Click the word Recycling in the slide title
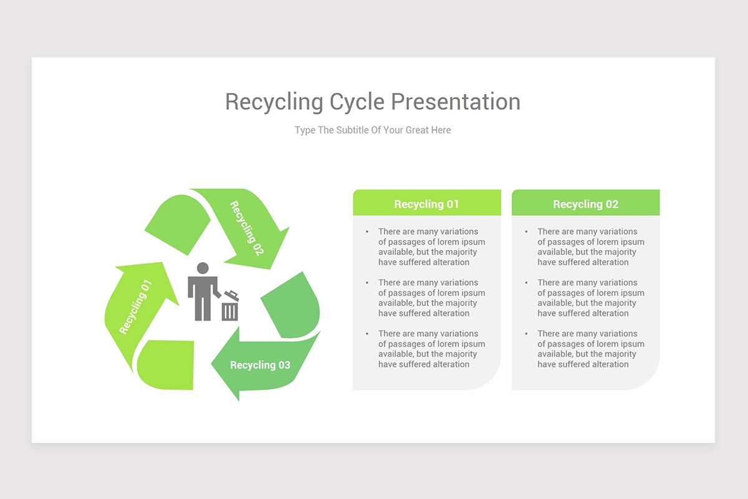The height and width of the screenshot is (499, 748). pos(274,102)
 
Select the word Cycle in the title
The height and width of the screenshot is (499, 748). pos(357,102)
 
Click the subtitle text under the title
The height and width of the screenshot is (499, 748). pos(373,130)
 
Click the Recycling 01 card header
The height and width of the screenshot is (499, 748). pos(426,204)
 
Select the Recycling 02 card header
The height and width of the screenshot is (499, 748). pos(585,204)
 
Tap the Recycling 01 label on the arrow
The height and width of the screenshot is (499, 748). pos(135,306)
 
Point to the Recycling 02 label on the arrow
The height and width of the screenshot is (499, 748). pos(247,228)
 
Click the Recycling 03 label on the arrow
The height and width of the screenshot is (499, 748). pos(260,365)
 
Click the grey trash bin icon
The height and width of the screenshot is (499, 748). pos(230,309)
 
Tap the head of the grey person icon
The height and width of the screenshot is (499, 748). pos(203,268)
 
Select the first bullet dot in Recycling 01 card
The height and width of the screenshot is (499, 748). pos(367,231)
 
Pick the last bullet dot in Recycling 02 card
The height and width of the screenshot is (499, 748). pos(526,334)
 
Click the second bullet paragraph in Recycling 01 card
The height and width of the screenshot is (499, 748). pos(431,298)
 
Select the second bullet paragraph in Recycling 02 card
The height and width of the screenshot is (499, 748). pos(590,298)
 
